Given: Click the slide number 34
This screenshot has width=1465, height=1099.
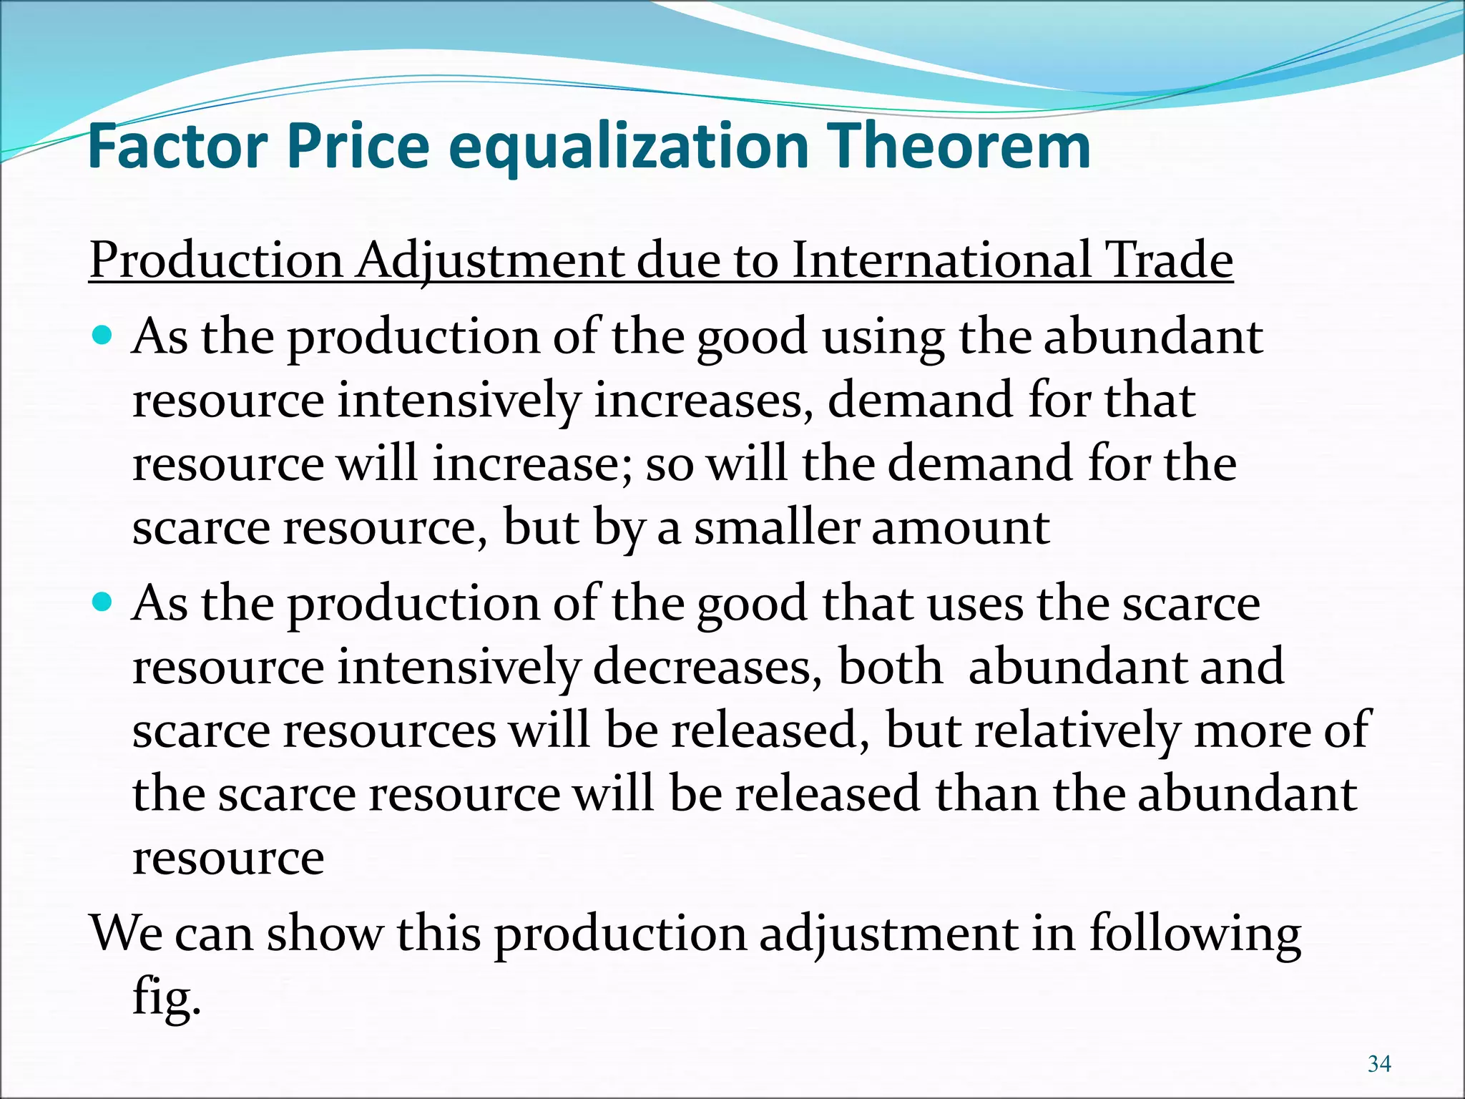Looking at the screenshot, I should pos(1379,1064).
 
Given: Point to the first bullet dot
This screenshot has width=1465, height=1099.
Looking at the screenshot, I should pos(104,334).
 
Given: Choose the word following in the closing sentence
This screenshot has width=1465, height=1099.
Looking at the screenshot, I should pos(1195,934).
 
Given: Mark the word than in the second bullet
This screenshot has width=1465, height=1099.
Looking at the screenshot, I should pos(986,794).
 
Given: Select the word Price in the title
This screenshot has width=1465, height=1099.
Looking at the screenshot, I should pos(358,147).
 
